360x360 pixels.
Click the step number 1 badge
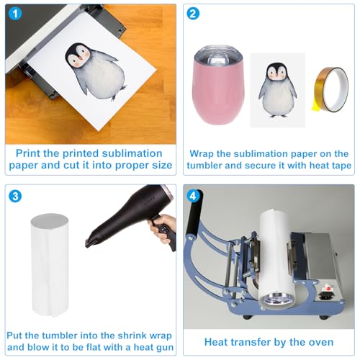(x=15, y=14)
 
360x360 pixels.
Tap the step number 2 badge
(x=193, y=14)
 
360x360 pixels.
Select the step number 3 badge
(x=15, y=196)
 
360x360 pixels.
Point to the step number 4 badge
(x=193, y=196)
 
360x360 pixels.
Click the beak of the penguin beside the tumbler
(x=276, y=76)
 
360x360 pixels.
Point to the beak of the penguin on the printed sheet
(x=81, y=58)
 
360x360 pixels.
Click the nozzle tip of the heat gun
(x=89, y=243)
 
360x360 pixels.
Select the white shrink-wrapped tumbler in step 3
(x=50, y=265)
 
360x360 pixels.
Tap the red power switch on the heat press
(x=327, y=287)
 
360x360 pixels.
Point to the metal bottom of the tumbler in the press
(x=278, y=300)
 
